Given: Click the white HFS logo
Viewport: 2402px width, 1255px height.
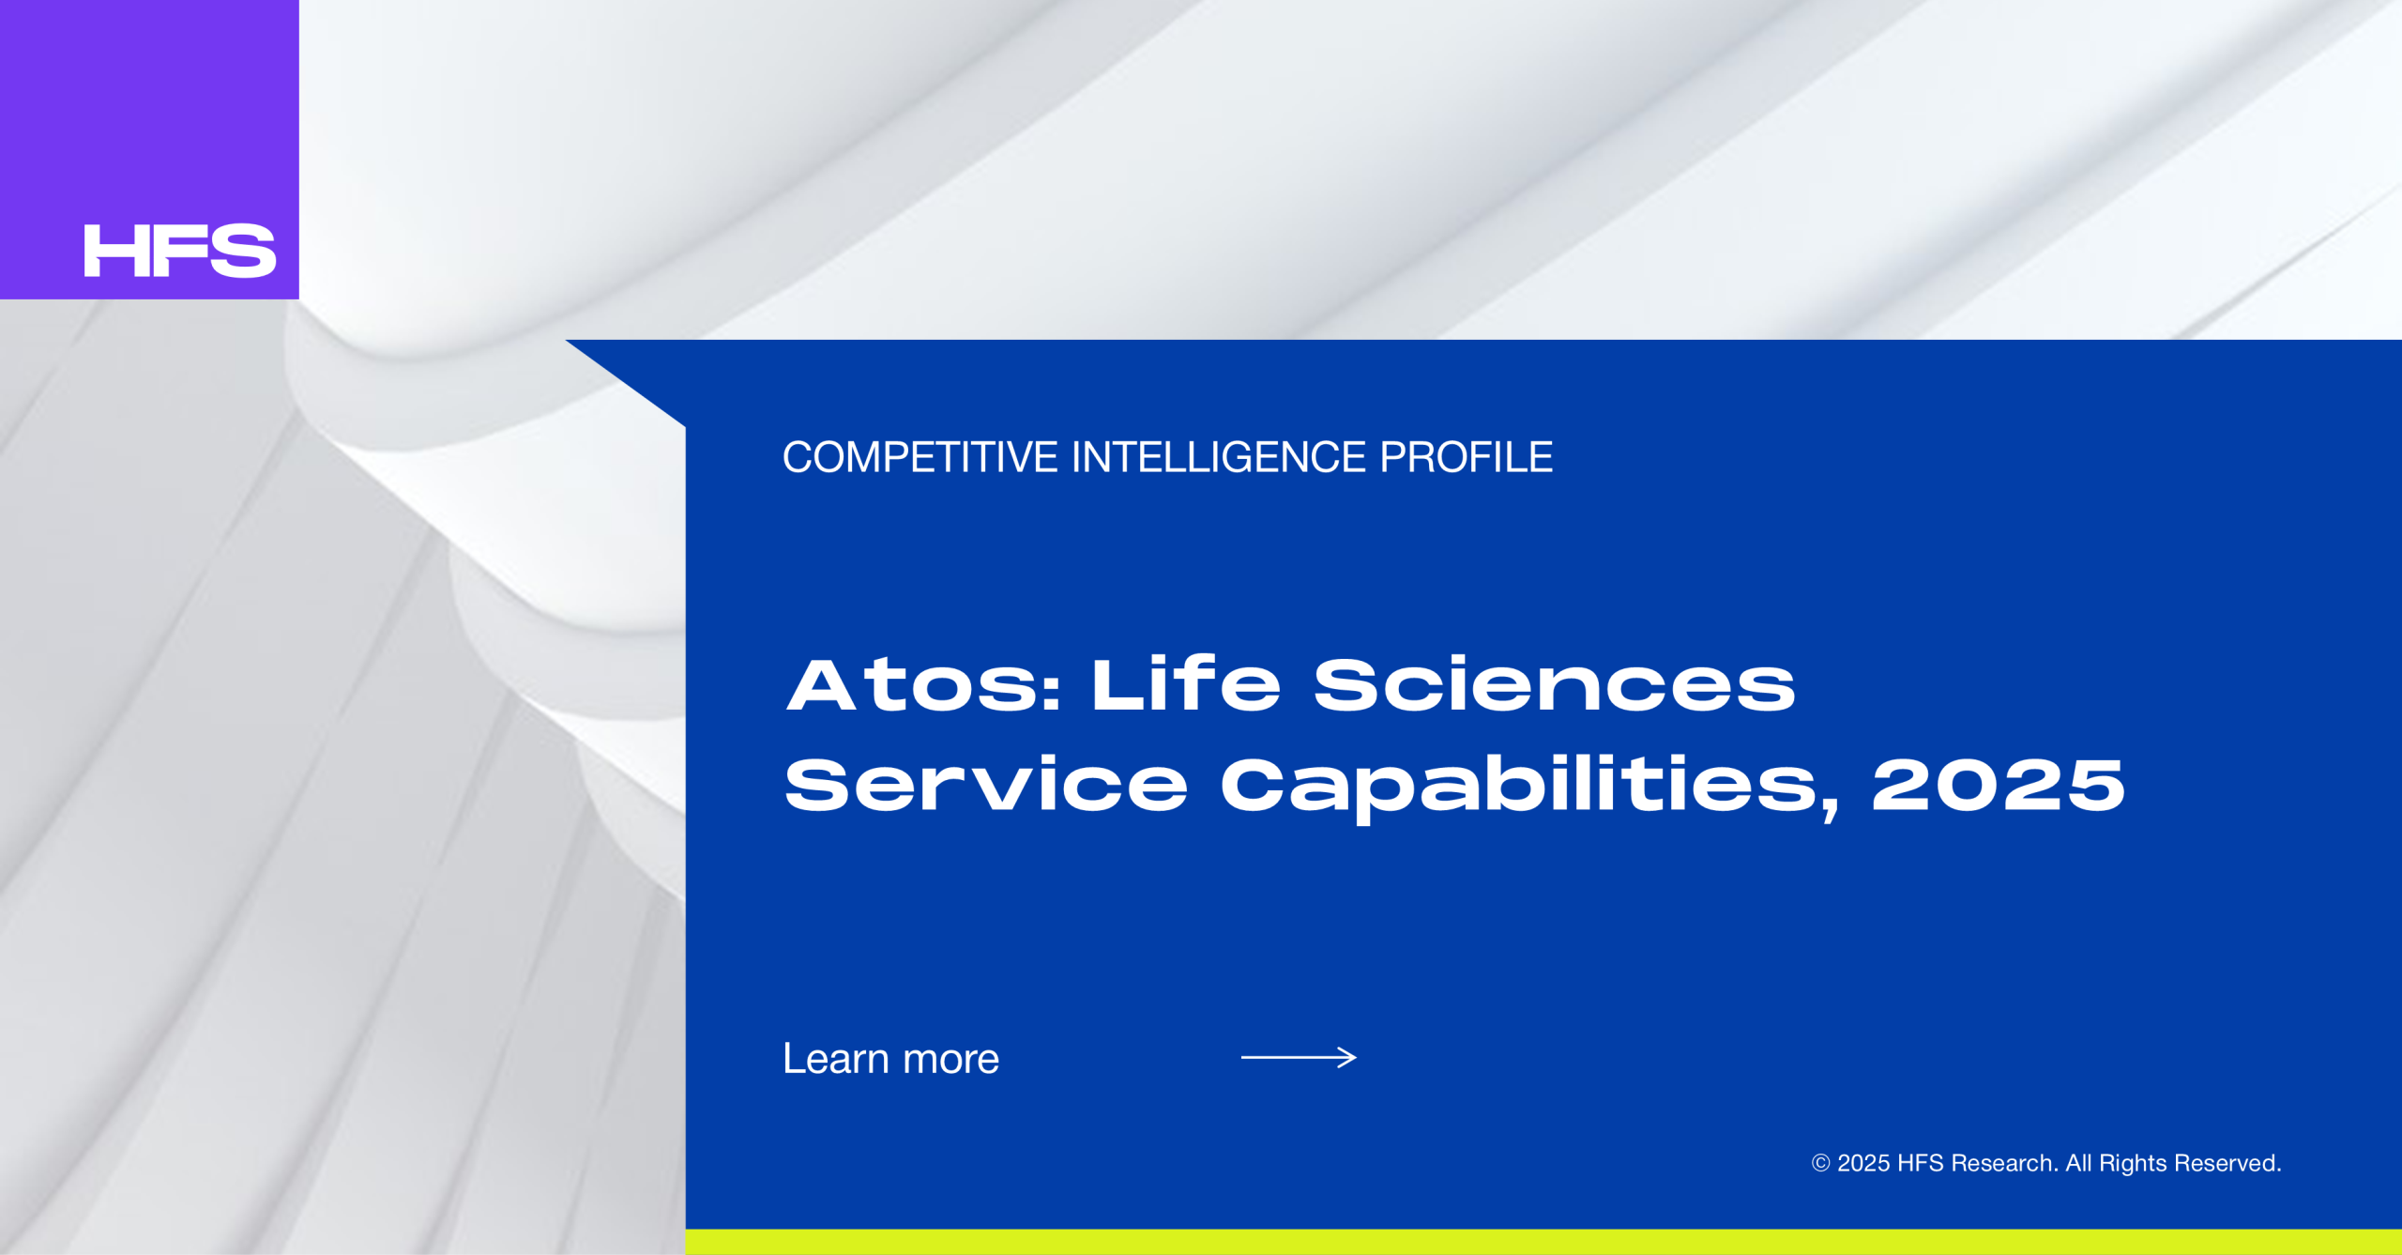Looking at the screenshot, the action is pos(180,251).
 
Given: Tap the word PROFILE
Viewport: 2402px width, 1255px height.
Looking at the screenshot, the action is pos(1467,458).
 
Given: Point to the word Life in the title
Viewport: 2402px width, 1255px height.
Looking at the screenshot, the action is pos(1186,684).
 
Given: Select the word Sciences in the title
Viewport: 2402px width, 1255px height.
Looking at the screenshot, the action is pos(1555,684).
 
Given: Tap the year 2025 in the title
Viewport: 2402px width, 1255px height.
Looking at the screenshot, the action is pos(1999,785).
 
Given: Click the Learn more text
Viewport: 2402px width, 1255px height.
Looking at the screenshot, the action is pos(891,1059).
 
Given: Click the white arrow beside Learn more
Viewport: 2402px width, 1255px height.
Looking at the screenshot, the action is pos(1299,1058).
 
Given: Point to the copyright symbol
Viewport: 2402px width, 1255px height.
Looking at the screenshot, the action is pos(1820,1163).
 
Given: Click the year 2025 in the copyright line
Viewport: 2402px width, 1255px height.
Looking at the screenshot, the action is pos(1863,1163).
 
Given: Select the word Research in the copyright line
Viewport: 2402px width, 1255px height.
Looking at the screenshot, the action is pos(2005,1163).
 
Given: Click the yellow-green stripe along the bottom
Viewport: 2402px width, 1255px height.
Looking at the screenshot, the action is pos(1543,1242).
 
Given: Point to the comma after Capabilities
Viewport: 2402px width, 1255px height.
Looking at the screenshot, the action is pos(1829,808).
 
